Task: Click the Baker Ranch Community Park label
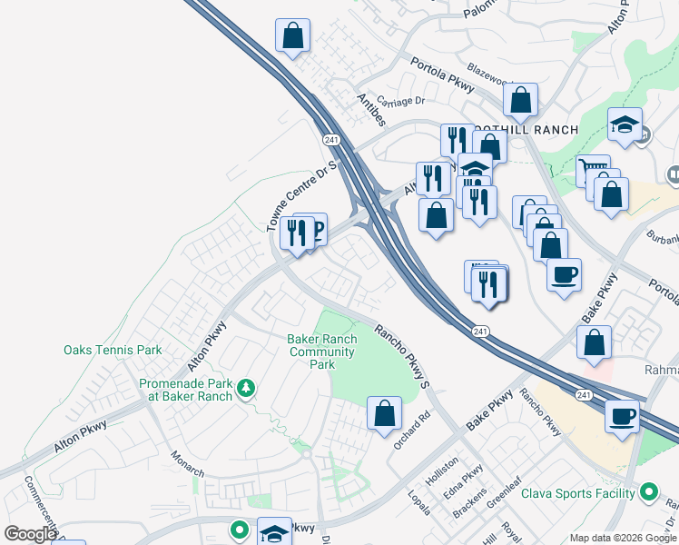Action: tap(321, 352)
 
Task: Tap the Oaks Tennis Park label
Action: tap(113, 350)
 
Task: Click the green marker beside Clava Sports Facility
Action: tap(648, 493)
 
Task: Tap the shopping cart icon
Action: tap(592, 170)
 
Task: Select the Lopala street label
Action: tap(419, 502)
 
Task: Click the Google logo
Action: tap(30, 534)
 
